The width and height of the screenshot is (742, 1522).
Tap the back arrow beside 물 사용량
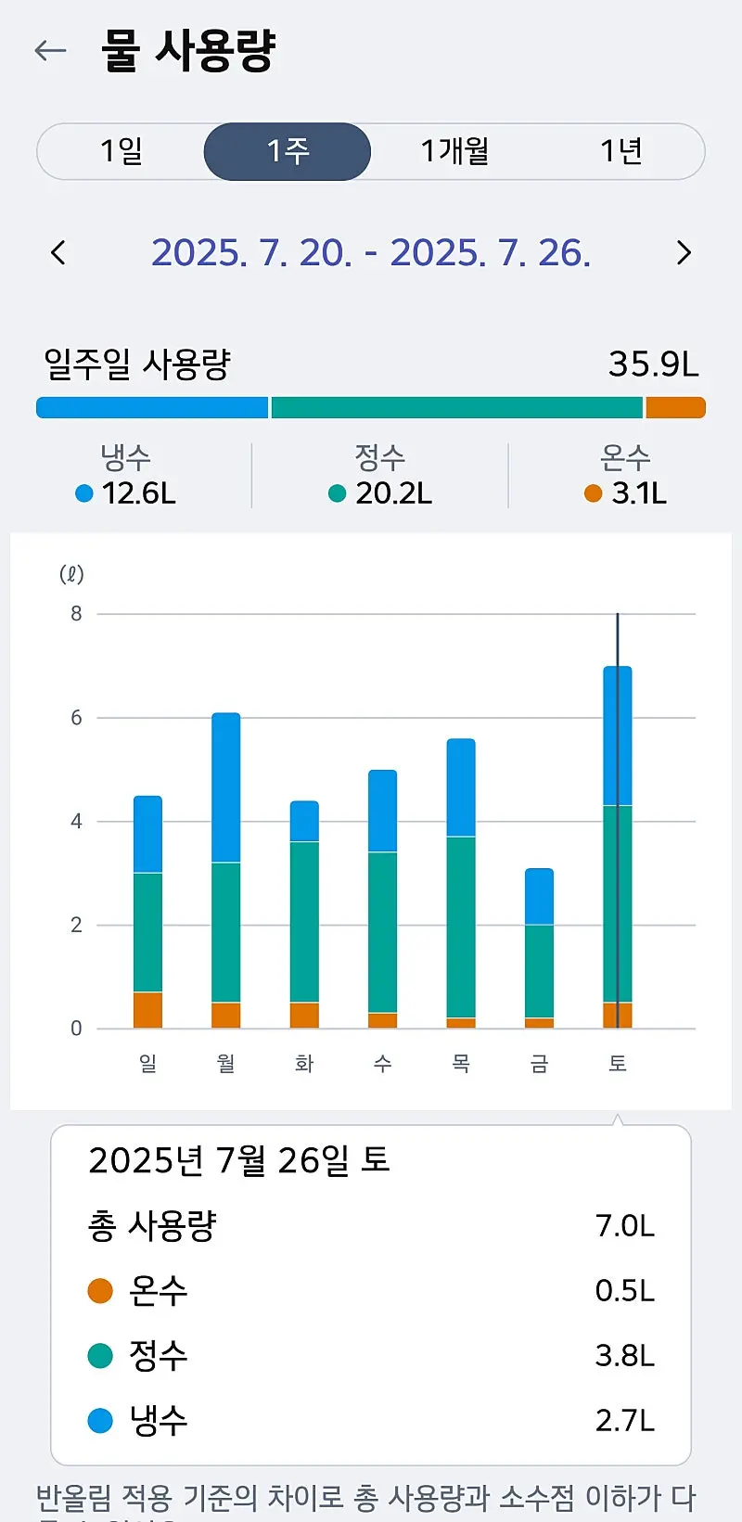pos(50,50)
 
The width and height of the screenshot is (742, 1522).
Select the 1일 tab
pos(122,151)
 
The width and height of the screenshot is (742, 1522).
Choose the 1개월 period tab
pos(454,151)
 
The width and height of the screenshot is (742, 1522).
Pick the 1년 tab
pos(620,151)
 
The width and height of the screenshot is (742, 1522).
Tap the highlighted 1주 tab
pos(288,151)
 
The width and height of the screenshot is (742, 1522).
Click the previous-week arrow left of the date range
pos(58,252)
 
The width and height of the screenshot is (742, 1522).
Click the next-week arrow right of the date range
pos(684,252)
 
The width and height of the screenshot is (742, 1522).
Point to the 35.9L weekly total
pos(653,365)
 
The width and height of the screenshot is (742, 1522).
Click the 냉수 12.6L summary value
pos(138,493)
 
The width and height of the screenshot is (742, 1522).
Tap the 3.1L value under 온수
pos(638,493)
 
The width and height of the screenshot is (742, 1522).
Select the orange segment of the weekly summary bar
pos(675,408)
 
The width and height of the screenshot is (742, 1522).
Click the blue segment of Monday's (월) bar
pos(225,788)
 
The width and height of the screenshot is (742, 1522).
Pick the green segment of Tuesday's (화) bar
pos(304,922)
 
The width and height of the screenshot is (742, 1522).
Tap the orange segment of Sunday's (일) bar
pos(147,1010)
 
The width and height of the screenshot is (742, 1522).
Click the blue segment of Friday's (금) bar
pos(539,897)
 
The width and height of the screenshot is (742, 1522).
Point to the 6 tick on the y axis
pos(76,718)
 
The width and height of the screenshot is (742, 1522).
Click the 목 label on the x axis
pos(461,1064)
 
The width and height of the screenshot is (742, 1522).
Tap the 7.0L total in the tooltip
pos(624,1226)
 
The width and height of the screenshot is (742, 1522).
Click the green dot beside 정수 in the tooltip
pos(100,1356)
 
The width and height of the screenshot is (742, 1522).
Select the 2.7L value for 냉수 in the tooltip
pos(624,1420)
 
